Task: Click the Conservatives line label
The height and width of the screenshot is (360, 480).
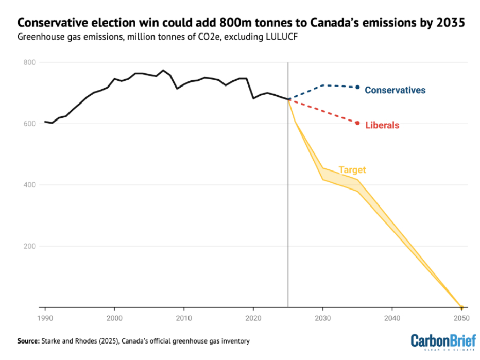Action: click(395, 90)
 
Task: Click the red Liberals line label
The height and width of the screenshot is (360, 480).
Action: click(382, 125)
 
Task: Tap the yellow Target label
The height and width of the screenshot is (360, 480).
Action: click(352, 170)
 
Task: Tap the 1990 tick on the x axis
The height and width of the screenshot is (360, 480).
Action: click(45, 318)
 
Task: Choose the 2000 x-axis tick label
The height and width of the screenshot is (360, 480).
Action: click(115, 318)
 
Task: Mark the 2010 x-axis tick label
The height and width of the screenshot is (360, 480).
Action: click(184, 318)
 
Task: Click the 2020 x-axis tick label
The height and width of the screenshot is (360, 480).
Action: click(253, 318)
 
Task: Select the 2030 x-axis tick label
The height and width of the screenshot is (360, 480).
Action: click(323, 318)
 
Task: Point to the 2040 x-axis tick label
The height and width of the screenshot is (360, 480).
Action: click(392, 318)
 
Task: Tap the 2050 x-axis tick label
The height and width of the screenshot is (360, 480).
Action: click(461, 318)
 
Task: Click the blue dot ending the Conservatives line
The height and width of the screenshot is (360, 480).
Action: click(357, 87)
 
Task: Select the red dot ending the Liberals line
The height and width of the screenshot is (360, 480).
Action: click(357, 123)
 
